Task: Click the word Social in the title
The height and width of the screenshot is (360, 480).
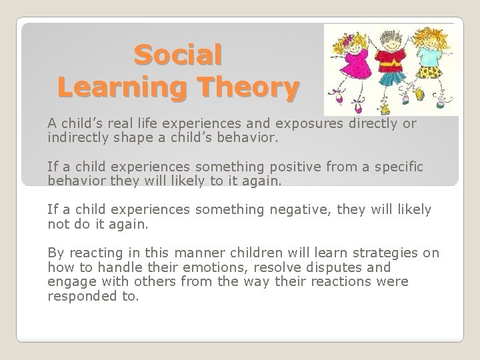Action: (178, 55)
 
